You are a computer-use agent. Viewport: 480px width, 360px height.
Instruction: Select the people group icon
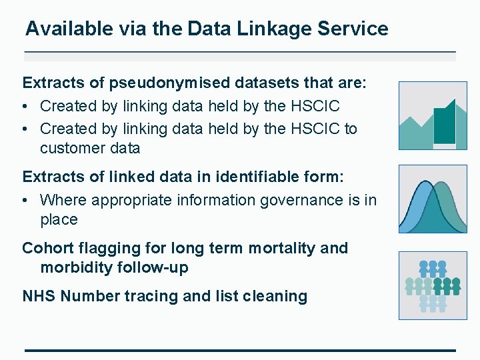coord(432,285)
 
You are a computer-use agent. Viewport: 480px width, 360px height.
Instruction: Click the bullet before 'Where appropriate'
coord(26,200)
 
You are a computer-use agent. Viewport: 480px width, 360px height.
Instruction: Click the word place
coord(59,220)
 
